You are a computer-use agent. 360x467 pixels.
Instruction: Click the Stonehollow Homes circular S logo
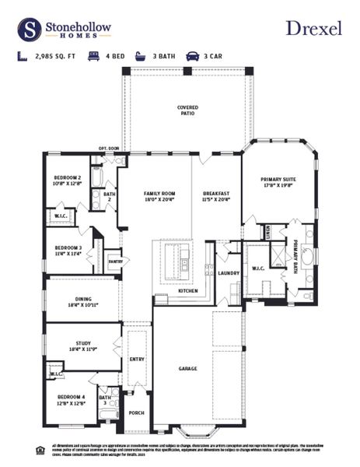(30, 29)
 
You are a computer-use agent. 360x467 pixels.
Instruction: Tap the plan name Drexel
(313, 28)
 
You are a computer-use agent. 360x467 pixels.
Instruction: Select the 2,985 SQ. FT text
(55, 57)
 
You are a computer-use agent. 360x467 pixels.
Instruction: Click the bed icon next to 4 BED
(93, 57)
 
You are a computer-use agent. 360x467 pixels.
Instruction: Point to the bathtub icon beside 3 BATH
(140, 57)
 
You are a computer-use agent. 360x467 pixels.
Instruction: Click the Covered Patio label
(187, 110)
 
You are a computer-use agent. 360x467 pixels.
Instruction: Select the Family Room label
(159, 195)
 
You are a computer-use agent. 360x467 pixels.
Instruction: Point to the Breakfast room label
(216, 195)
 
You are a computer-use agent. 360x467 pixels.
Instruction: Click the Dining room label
(82, 301)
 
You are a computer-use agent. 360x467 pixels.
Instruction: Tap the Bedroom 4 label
(72, 399)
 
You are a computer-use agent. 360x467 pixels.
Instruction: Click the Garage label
(187, 368)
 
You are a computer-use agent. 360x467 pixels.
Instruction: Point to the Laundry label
(228, 273)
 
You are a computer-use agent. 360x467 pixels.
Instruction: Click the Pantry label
(114, 262)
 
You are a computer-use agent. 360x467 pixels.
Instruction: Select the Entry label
(137, 359)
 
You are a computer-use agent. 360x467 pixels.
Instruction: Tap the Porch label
(136, 413)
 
